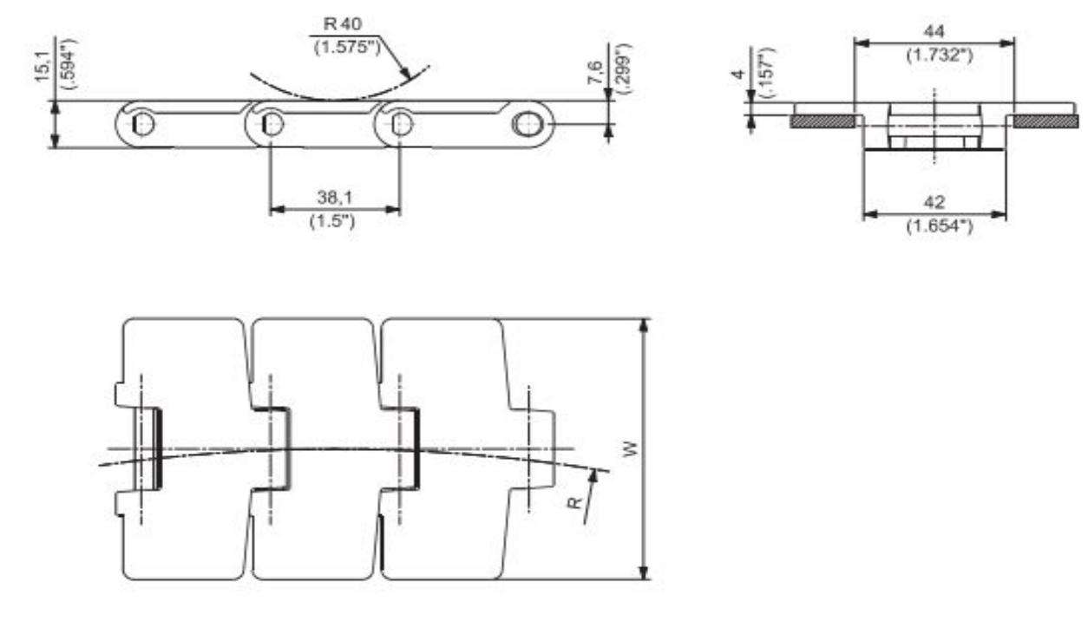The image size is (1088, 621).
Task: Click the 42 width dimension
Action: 934,201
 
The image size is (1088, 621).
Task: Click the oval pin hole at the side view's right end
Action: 527,123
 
